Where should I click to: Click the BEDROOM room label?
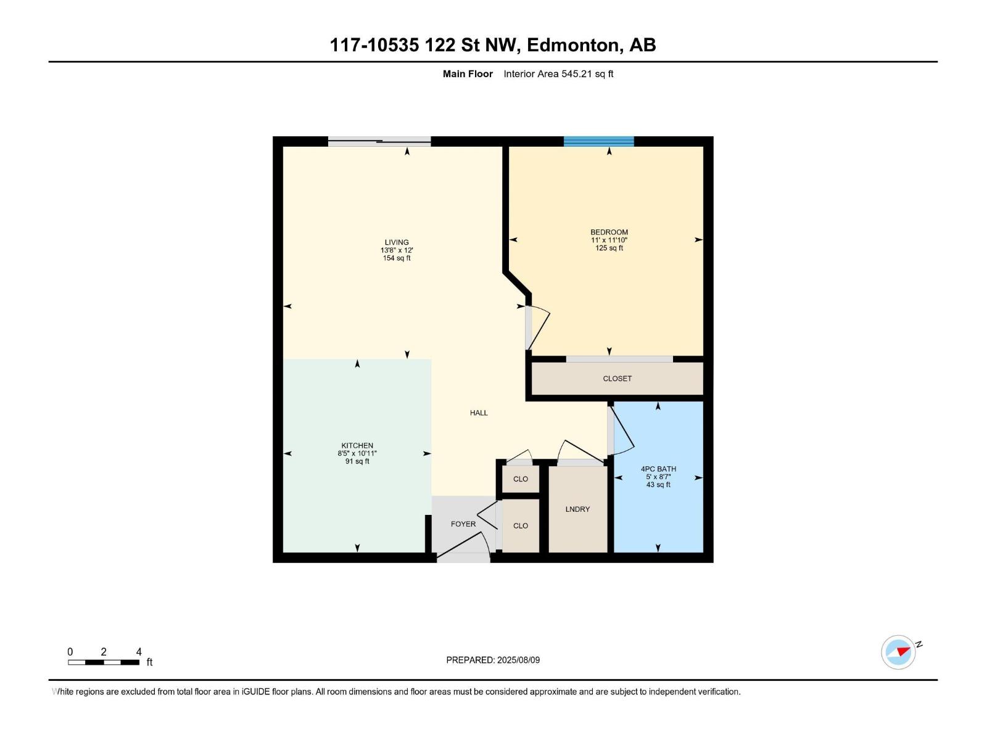point(609,232)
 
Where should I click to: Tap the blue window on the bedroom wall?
point(598,141)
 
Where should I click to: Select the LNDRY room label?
point(577,509)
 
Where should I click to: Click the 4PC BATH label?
point(658,469)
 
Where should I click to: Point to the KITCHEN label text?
point(357,446)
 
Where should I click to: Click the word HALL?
point(479,413)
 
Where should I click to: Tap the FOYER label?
point(463,524)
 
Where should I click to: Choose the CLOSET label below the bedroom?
point(617,379)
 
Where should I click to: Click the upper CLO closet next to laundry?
point(521,479)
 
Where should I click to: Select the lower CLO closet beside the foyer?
point(521,526)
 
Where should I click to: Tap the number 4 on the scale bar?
point(139,652)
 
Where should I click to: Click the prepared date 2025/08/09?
point(518,660)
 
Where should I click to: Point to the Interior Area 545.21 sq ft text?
point(558,74)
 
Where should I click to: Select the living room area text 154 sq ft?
point(397,258)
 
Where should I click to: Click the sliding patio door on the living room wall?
point(379,142)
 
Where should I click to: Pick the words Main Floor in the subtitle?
point(468,74)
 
